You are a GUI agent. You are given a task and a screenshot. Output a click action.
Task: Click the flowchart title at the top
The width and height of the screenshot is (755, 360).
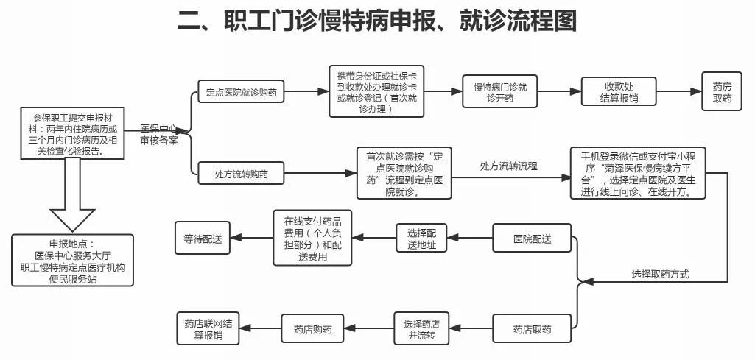(376, 21)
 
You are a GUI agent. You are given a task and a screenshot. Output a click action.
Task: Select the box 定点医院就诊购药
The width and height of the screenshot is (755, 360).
(241, 93)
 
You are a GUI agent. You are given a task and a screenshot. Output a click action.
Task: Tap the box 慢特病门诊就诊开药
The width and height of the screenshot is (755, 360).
(500, 93)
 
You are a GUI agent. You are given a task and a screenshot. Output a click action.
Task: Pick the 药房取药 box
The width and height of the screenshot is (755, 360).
(722, 93)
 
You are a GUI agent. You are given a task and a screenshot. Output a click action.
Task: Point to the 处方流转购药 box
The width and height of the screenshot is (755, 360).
(241, 174)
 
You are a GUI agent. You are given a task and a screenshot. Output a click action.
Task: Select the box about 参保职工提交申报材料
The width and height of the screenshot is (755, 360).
(73, 133)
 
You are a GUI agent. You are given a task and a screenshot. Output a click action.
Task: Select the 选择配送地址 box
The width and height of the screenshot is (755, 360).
(421, 239)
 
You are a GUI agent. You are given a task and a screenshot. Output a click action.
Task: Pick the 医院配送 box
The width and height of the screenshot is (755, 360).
(532, 239)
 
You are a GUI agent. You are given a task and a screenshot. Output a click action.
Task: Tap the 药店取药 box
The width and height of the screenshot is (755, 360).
(532, 328)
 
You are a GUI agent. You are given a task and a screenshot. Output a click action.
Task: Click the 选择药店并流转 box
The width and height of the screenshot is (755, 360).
(421, 328)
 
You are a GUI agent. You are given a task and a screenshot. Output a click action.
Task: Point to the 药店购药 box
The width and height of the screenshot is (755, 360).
(312, 328)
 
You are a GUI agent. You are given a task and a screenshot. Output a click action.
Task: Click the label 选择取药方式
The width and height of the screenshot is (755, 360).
(659, 274)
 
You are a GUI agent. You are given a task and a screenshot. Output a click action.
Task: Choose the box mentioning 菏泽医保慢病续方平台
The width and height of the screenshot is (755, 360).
(638, 174)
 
